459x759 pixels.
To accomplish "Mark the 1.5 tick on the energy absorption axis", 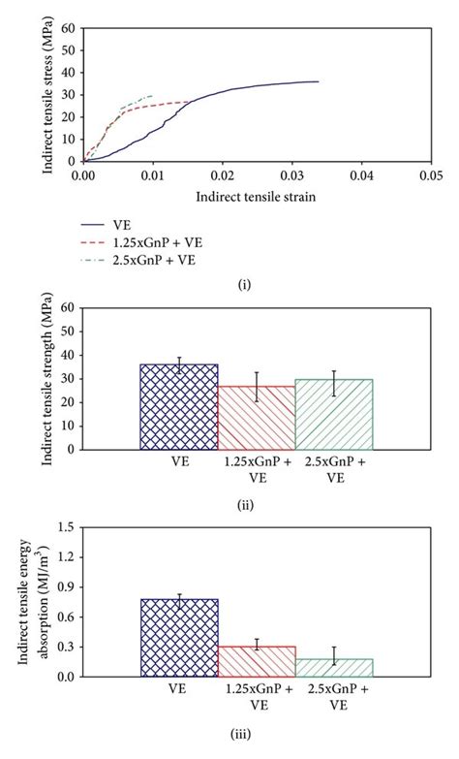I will (x=67, y=526).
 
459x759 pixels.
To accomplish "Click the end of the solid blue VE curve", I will (x=318, y=81).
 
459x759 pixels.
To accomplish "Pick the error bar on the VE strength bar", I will (x=179, y=364).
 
